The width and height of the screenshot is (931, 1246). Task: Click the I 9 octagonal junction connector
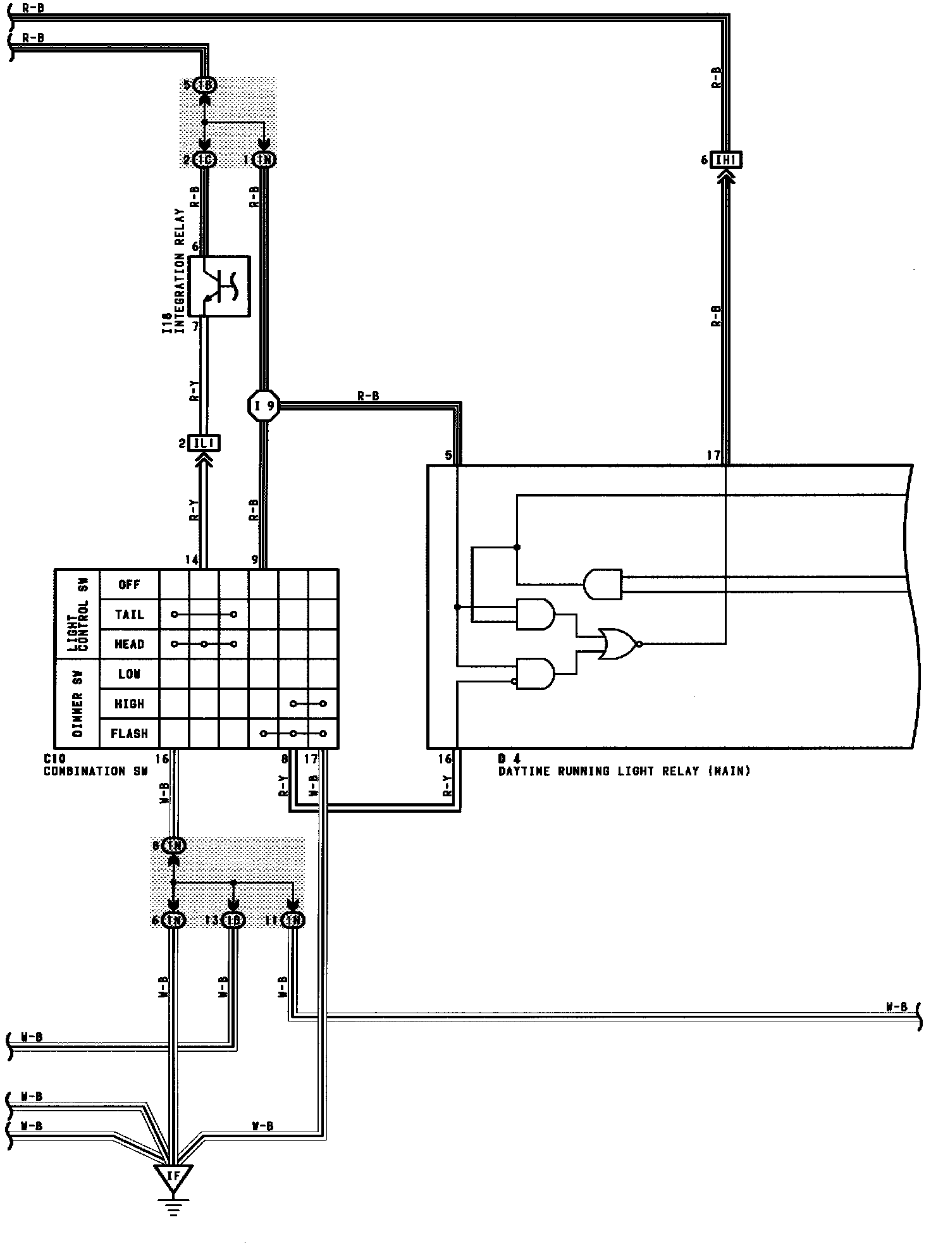click(264, 405)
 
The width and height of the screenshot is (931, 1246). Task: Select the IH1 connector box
click(726, 160)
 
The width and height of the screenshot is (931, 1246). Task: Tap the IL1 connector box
click(204, 443)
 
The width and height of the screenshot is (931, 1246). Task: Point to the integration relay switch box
click(219, 286)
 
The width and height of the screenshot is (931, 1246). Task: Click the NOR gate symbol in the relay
click(619, 644)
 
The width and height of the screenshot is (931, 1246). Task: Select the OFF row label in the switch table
click(129, 584)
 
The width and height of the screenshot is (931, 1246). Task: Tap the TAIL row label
click(129, 614)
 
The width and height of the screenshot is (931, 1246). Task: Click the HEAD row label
click(129, 644)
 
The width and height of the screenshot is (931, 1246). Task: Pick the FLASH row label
click(129, 734)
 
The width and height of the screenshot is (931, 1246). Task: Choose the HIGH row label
click(129, 704)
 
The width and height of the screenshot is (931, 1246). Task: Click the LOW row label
click(129, 674)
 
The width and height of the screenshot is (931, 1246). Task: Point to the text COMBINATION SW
click(85, 772)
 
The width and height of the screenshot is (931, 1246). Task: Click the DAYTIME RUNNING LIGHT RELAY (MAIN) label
click(624, 772)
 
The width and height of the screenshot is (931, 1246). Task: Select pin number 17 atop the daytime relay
click(713, 455)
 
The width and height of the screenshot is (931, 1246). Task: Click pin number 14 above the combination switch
click(192, 560)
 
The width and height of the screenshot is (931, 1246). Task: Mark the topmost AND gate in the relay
click(603, 584)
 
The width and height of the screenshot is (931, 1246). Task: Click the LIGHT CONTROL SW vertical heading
click(78, 614)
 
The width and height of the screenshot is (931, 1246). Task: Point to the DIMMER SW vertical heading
click(78, 704)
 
